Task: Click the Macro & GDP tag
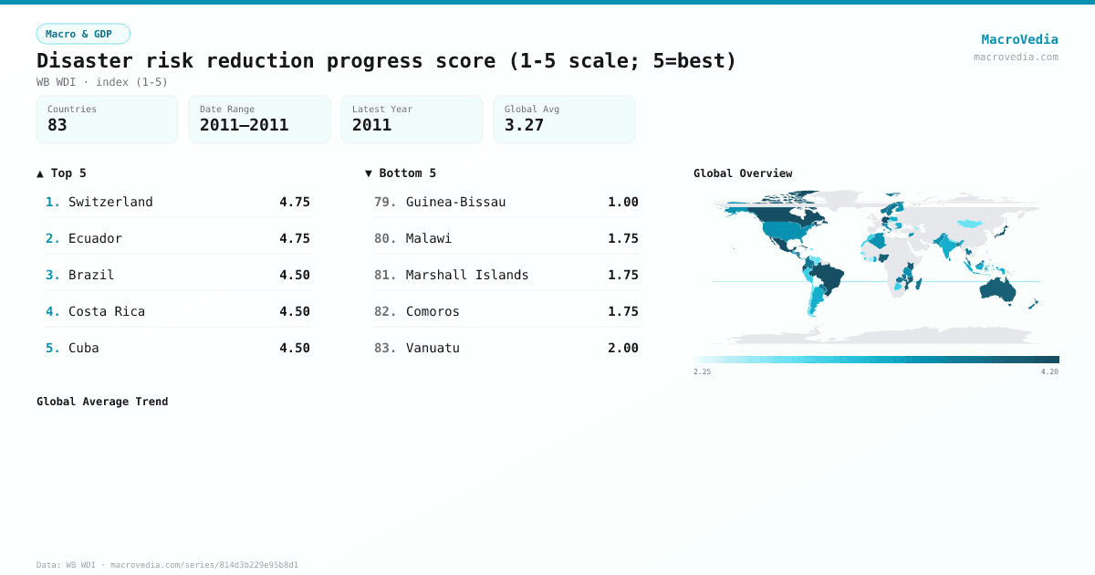[83, 34]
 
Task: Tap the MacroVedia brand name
[1019, 39]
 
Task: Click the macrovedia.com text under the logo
[1016, 57]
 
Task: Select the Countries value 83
[57, 125]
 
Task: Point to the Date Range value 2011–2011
[244, 125]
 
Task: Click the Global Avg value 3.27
[524, 125]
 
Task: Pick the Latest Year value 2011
[371, 125]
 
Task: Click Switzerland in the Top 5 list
[110, 202]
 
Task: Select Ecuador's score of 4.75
[295, 238]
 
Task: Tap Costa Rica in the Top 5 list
[106, 311]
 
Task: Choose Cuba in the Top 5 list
[83, 348]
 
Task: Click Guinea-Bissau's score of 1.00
[623, 202]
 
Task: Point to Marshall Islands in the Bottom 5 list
[467, 275]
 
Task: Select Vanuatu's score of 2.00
[623, 348]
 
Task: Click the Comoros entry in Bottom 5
[433, 311]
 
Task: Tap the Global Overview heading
[743, 173]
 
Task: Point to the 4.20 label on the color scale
[1049, 372]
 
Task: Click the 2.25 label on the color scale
[702, 372]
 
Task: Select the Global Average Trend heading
[102, 402]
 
